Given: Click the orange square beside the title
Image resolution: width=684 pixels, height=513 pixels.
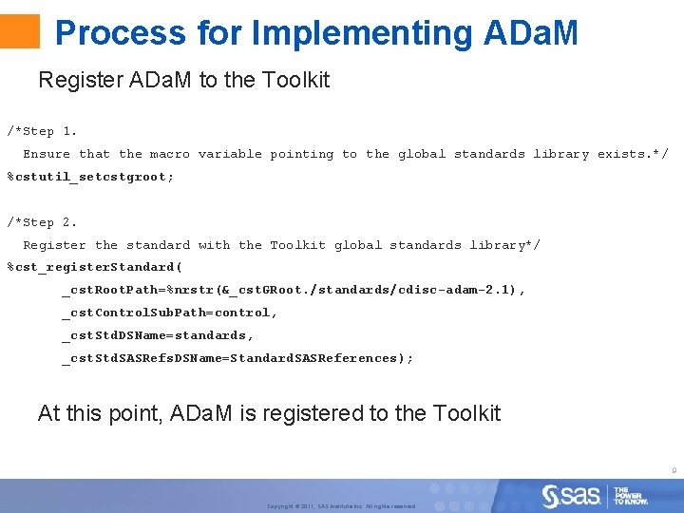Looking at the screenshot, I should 20,31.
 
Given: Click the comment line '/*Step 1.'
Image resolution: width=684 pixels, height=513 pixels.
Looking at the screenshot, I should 43,131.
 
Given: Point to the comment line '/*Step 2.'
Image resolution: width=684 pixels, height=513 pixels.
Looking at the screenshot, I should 43,222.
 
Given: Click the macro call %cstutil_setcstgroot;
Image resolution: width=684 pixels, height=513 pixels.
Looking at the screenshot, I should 91,177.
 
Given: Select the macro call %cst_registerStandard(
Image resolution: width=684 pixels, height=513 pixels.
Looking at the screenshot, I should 95,267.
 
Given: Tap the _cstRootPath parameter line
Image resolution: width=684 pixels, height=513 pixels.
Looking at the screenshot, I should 294,290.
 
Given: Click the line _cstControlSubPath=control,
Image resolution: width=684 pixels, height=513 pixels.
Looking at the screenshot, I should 170,313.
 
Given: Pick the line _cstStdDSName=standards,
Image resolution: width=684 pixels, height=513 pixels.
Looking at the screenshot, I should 158,335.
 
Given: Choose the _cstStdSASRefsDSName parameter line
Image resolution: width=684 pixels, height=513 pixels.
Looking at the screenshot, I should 237,358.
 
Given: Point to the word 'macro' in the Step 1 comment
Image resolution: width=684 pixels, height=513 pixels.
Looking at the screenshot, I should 169,154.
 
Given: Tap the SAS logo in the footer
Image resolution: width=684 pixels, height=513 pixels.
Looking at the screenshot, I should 571,495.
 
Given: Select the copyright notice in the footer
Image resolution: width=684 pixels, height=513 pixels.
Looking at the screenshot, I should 341,506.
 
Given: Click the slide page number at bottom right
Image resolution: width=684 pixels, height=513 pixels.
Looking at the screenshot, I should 673,469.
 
